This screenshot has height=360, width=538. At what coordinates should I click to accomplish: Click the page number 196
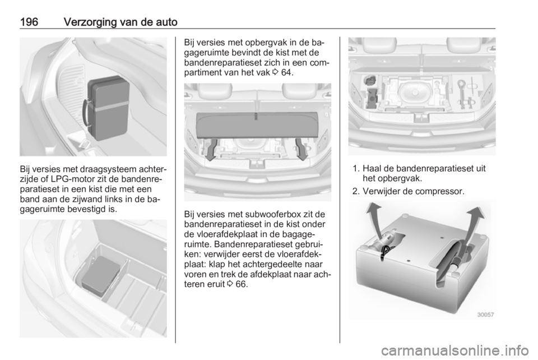click(29, 22)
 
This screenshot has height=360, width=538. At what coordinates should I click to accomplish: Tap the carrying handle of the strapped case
click(85, 114)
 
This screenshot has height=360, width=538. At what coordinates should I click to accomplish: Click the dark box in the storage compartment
click(100, 275)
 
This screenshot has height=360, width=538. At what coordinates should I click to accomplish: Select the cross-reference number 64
click(286, 73)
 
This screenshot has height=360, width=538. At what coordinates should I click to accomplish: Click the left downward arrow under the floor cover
click(210, 149)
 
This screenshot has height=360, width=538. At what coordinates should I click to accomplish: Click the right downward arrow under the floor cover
click(302, 149)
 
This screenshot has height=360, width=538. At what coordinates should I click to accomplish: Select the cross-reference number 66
click(241, 284)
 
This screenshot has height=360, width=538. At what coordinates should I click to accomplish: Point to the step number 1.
click(355, 168)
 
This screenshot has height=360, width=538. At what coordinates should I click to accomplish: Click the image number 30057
click(485, 315)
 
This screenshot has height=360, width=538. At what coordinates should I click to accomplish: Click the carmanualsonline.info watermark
click(454, 350)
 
